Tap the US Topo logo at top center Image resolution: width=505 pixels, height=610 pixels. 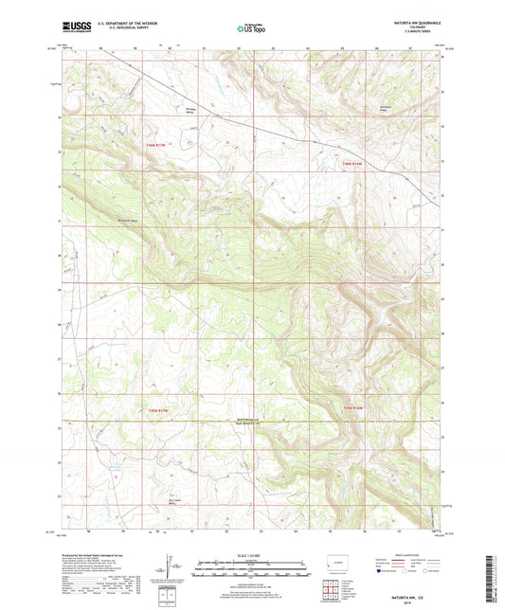pyautogui.click(x=251, y=29)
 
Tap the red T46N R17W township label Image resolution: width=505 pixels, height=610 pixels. pyautogui.click(x=155, y=144)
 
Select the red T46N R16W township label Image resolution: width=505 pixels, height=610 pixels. pyautogui.click(x=352, y=163)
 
